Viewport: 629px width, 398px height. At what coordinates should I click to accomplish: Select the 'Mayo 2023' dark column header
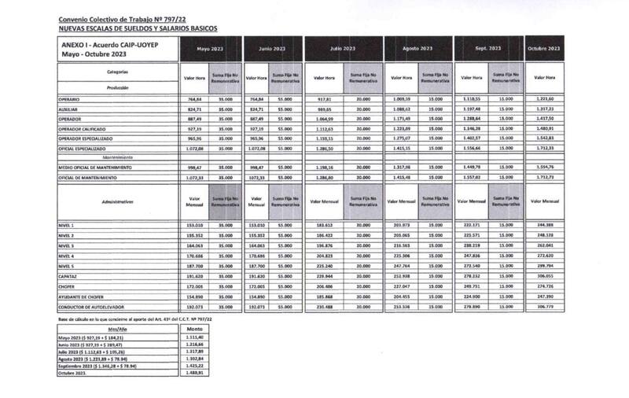(208, 49)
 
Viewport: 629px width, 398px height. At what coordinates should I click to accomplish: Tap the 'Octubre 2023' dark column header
(544, 49)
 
